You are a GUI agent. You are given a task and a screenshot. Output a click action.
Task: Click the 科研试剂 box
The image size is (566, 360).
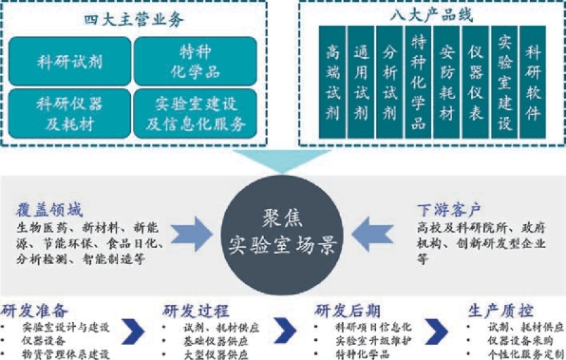(69, 61)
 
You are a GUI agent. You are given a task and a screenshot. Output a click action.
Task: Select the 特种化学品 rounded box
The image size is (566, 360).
(196, 61)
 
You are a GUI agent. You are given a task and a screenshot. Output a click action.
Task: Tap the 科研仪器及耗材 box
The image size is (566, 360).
(69, 113)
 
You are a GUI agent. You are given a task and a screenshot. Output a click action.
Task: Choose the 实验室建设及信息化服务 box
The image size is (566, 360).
(196, 113)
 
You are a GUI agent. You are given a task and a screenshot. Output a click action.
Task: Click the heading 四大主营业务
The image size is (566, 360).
(134, 20)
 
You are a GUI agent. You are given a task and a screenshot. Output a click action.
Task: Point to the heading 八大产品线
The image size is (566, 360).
(431, 15)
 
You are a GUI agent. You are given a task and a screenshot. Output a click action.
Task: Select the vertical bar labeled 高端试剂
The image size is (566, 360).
(332, 82)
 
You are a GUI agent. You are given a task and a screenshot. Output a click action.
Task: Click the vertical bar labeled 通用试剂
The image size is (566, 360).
(361, 82)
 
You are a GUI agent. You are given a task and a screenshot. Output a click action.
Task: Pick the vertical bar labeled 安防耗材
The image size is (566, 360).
(446, 82)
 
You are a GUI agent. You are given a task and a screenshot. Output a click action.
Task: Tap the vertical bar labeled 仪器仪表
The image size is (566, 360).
(476, 82)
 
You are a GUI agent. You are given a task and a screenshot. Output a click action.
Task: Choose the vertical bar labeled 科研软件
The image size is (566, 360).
(533, 82)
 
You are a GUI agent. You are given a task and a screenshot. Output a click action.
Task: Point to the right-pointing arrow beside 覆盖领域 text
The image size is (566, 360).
(192, 234)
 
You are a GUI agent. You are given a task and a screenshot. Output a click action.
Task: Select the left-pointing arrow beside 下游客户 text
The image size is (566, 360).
(372, 234)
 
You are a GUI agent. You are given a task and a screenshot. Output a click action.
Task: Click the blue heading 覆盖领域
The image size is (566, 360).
(49, 210)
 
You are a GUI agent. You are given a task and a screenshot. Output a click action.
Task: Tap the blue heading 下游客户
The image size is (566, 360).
(449, 209)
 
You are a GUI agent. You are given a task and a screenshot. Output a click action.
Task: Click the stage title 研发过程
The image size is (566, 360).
(196, 311)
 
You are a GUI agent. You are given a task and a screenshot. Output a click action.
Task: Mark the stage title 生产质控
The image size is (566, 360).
(500, 311)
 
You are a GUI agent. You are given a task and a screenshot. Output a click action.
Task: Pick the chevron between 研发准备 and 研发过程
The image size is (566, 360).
(134, 332)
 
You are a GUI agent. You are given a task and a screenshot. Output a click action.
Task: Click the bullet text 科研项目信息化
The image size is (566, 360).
(373, 327)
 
